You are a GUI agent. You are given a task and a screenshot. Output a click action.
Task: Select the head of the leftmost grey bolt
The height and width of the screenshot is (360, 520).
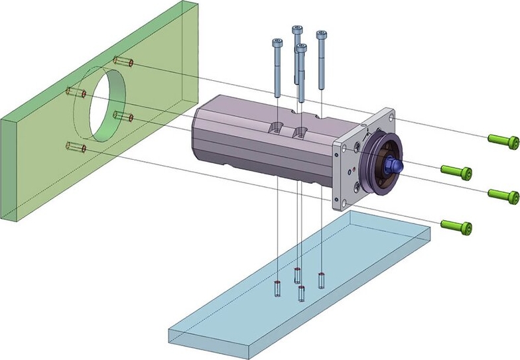[x=277, y=43]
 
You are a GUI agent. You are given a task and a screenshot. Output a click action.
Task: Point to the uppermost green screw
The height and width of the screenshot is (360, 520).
[x=503, y=140]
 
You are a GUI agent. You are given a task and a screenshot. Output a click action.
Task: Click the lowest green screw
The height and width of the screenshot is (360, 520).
[x=456, y=227]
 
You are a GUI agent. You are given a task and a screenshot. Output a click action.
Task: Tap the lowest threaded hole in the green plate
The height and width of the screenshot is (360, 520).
[x=76, y=146]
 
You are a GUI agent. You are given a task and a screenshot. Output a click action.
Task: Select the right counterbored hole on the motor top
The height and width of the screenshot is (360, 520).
[x=302, y=130]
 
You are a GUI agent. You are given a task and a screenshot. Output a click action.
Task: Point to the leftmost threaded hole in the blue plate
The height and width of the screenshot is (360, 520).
[x=275, y=289]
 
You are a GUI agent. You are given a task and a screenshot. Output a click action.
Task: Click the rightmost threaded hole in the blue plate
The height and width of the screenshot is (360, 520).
[x=322, y=280]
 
